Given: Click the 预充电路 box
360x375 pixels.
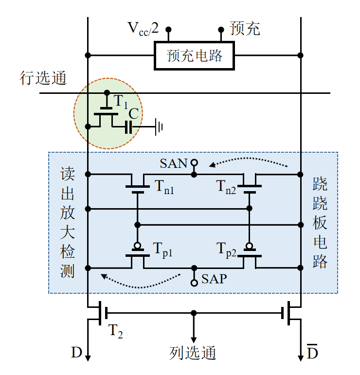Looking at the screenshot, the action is [194, 55].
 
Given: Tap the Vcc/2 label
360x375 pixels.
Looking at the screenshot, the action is [144, 29].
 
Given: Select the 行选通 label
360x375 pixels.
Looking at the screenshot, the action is [43, 78].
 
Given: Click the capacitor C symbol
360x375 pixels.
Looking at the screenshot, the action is [129, 127].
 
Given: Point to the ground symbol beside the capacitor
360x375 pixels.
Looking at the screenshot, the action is [159, 127].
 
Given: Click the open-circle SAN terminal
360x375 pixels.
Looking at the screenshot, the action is [194, 162].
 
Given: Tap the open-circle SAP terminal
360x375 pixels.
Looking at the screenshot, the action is [194, 283].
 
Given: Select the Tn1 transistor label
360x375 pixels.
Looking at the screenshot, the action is [164, 187].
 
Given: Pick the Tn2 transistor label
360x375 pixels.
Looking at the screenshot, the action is [226, 187].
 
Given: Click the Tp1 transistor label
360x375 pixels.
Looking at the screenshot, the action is [162, 250].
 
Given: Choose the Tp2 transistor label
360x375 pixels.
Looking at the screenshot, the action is [226, 250].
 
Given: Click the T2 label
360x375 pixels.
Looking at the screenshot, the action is [115, 331].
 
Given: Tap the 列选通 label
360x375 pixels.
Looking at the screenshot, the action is [193, 353].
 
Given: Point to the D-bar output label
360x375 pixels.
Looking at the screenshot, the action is [312, 352].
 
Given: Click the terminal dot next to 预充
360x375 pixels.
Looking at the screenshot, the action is [221, 30].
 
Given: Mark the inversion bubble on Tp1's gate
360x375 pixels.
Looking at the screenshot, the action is [137, 246].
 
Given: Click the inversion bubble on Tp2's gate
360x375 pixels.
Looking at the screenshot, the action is [250, 246].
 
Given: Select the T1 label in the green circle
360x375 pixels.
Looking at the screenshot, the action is [121, 102].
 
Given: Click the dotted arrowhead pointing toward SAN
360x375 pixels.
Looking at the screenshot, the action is [212, 164].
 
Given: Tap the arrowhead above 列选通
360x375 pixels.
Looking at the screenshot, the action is [194, 339].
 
